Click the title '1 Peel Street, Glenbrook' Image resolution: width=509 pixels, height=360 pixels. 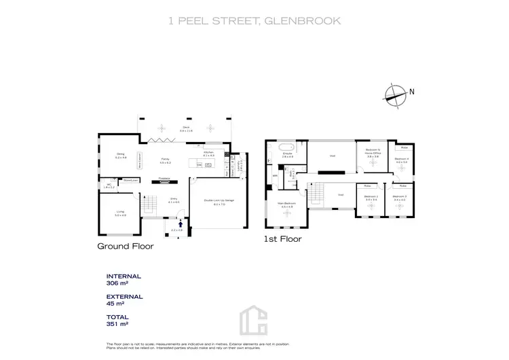(x=254, y=21)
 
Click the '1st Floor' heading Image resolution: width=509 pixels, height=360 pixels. (x=282, y=239)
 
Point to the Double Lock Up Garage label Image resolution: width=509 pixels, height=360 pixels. (x=219, y=202)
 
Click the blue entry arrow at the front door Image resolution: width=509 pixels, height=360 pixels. (x=181, y=222)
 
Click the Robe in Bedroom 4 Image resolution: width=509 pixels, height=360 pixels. (x=404, y=147)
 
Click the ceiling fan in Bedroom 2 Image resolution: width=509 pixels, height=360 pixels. (x=371, y=205)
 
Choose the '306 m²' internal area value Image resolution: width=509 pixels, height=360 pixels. (x=117, y=283)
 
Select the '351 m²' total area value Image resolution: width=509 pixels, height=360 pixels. (x=117, y=324)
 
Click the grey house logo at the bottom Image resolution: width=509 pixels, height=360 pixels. (x=254, y=319)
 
